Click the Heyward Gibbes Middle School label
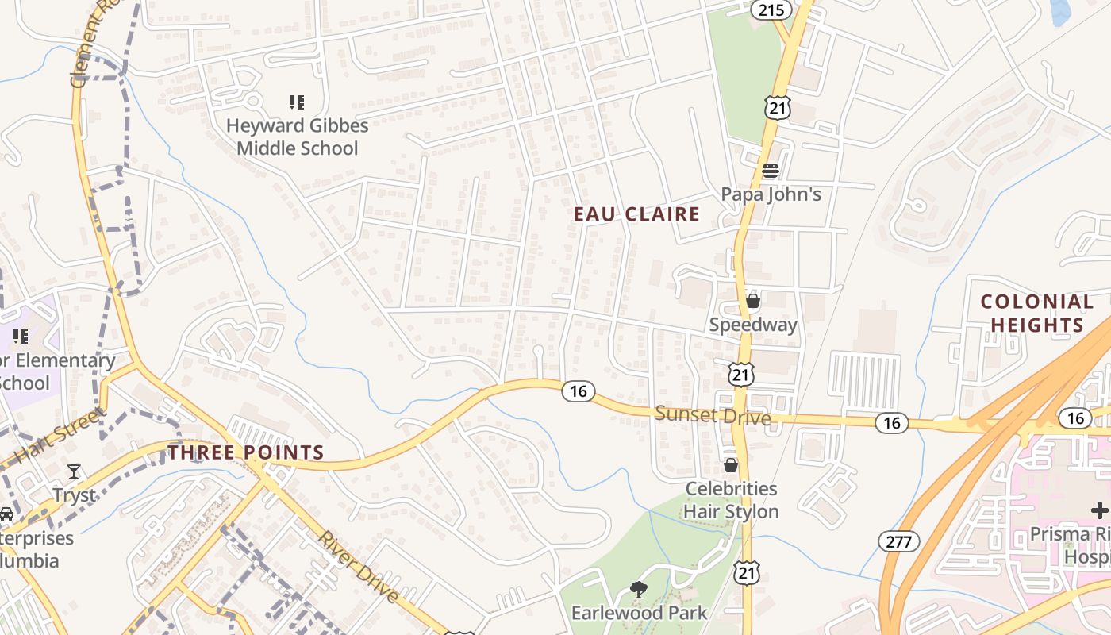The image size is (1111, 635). [x=298, y=137]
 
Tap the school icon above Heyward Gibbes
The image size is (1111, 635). [x=297, y=102]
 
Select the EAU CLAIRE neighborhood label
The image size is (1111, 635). [x=637, y=214]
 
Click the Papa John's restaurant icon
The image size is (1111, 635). [x=770, y=170]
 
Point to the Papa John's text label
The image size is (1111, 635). [x=771, y=194]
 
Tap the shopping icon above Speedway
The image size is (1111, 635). [x=753, y=301]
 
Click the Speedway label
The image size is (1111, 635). [x=753, y=325]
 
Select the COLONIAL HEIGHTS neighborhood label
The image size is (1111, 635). [x=1036, y=314]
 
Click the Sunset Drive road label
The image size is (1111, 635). [x=713, y=415]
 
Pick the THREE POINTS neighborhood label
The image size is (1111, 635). [x=246, y=453]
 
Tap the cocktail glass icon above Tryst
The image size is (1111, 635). [x=74, y=471]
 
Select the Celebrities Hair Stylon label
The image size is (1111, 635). [x=731, y=500]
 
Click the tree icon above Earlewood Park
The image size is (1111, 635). [x=638, y=589]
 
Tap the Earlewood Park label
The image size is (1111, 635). [x=639, y=613]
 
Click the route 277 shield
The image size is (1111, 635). [x=898, y=541]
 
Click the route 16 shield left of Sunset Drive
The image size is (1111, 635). [x=579, y=391]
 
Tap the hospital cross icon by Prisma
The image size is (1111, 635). [x=1099, y=510]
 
